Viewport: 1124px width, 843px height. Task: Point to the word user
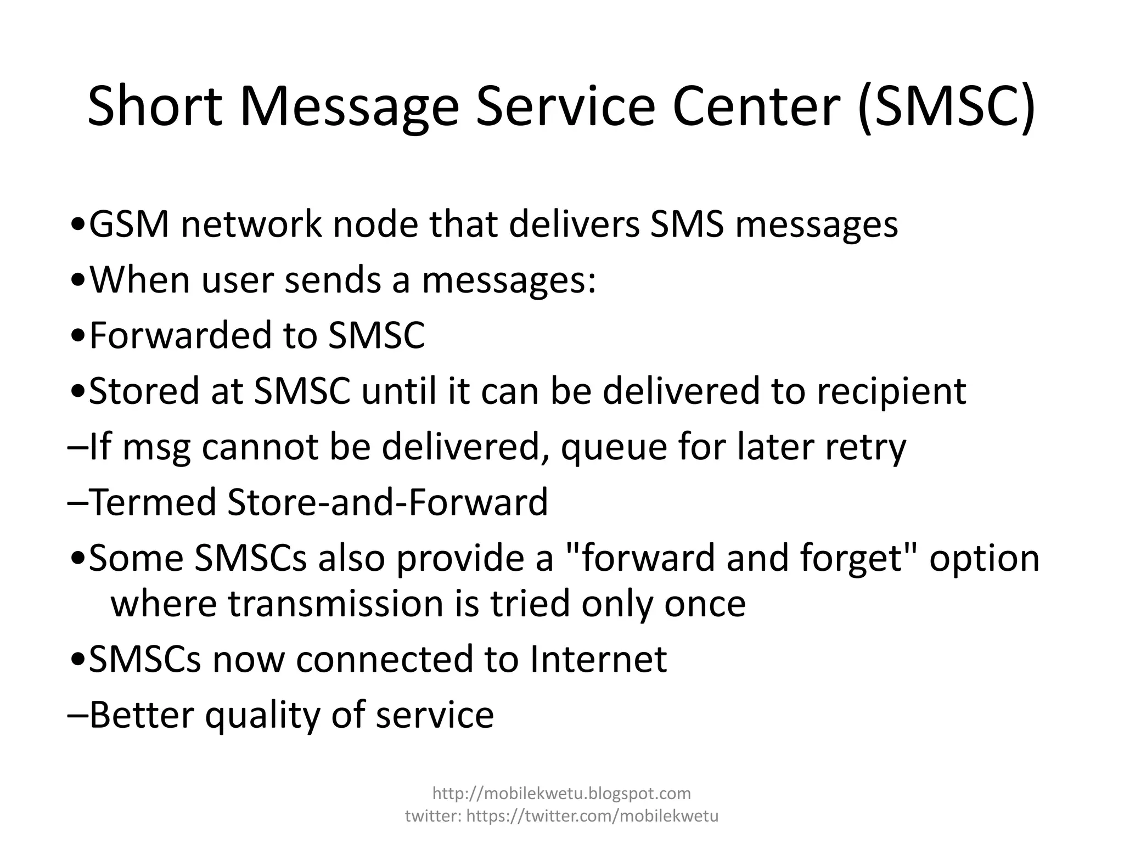[237, 279]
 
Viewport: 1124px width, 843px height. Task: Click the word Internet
[598, 659]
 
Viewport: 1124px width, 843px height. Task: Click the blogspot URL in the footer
[561, 793]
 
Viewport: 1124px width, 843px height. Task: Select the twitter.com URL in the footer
[592, 816]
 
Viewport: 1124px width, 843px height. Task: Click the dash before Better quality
[77, 715]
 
